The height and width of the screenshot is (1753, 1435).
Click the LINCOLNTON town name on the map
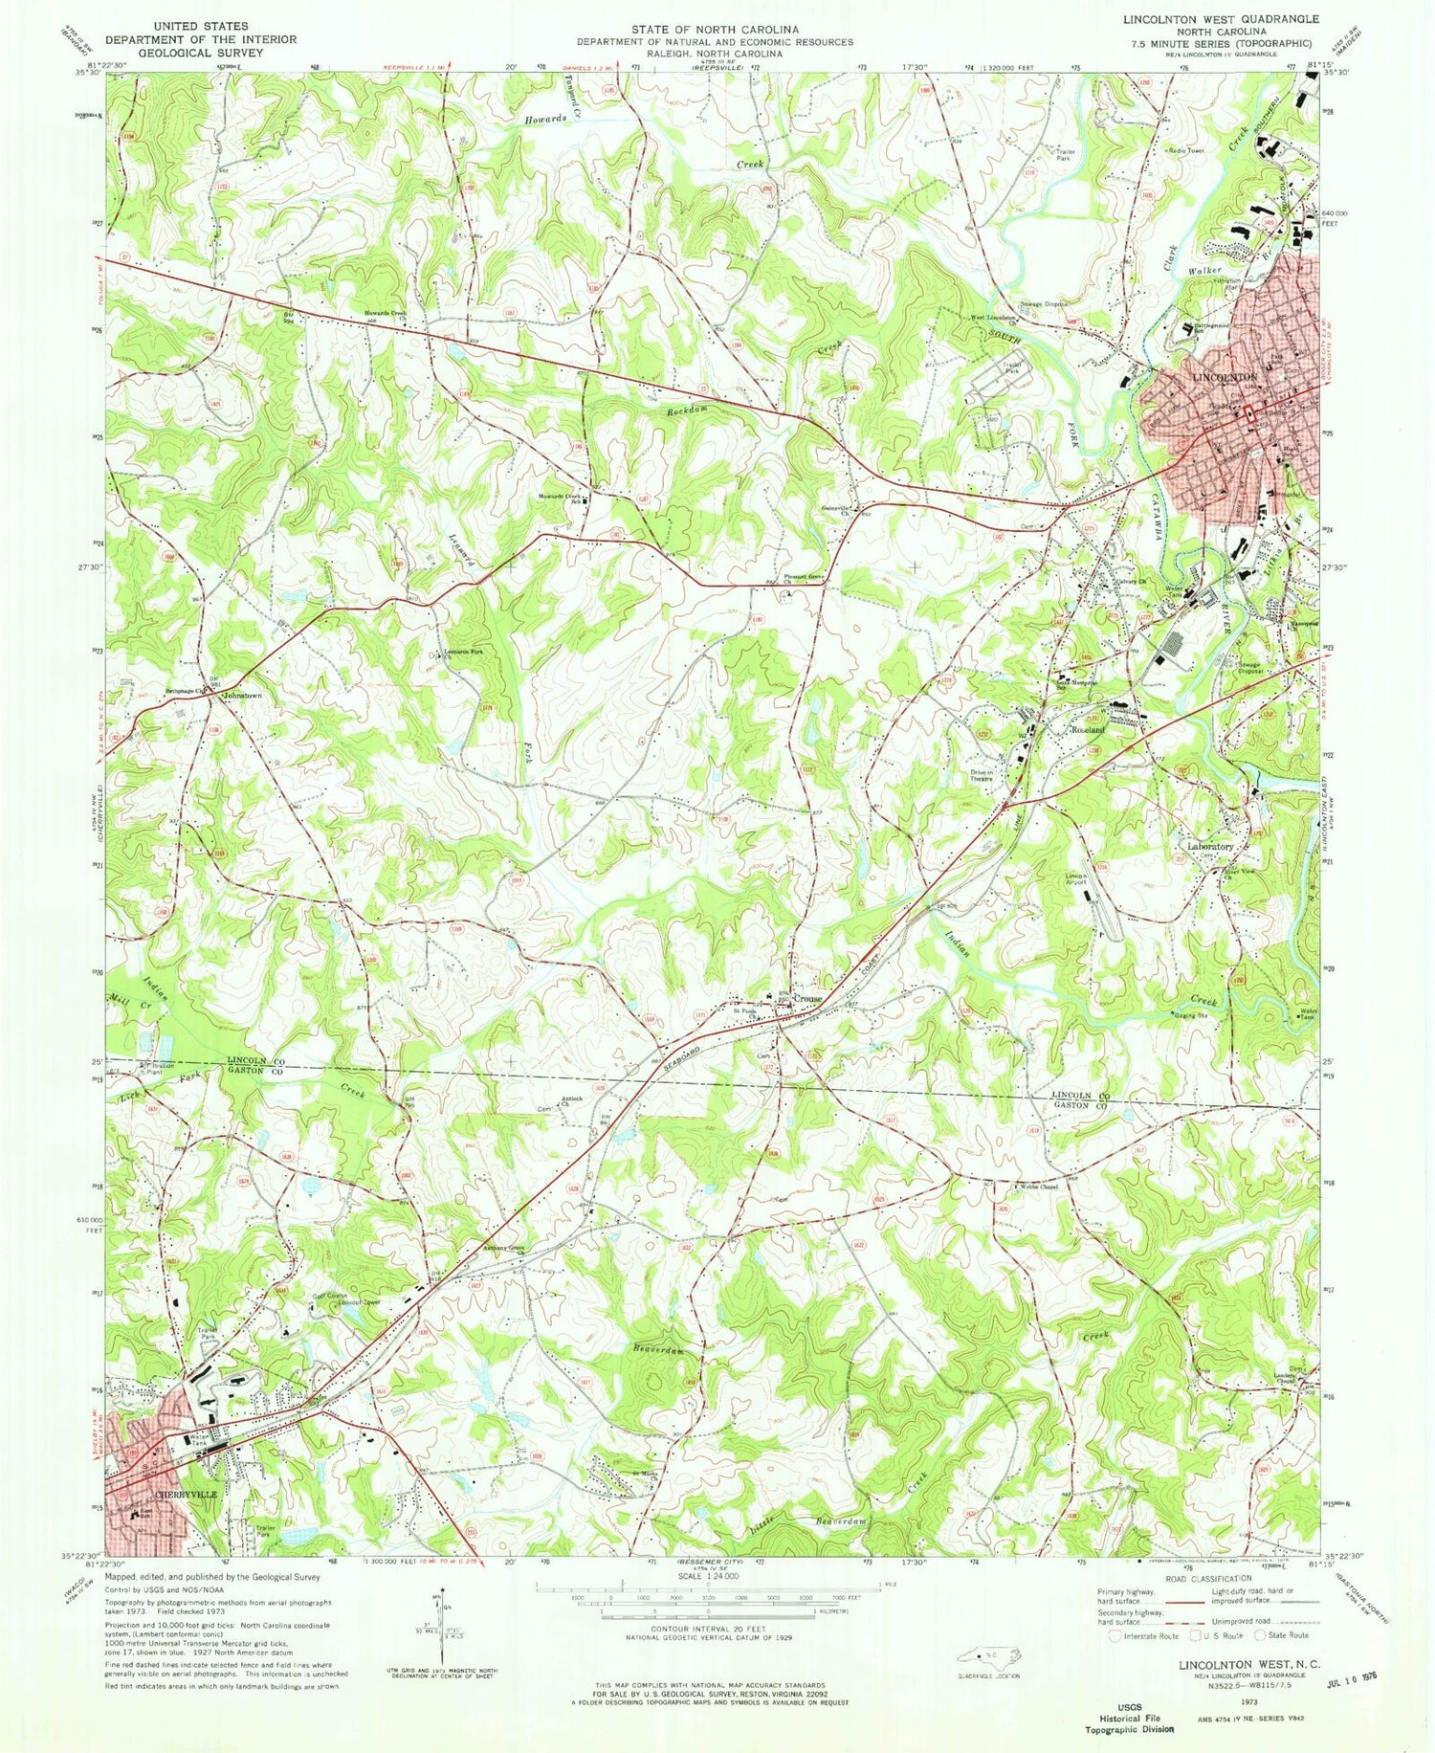click(1225, 378)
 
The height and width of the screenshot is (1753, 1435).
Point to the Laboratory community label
click(1210, 847)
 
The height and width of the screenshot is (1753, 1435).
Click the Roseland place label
click(1087, 729)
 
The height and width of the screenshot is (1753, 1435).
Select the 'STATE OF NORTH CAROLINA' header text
click(714, 31)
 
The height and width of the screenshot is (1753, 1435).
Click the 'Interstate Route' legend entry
click(1148, 1636)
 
